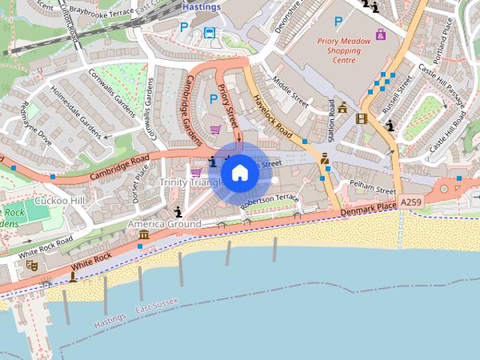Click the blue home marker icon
pos(239,173)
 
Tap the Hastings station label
pos(202,7)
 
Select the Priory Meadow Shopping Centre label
pos(344,51)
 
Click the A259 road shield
pos(411,202)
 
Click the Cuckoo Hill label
pos(59,200)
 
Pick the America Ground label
pos(163,224)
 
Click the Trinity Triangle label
pos(190,182)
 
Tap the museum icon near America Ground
pos(143,235)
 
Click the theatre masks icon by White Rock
pos(31,265)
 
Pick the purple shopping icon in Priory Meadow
pos(380,34)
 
